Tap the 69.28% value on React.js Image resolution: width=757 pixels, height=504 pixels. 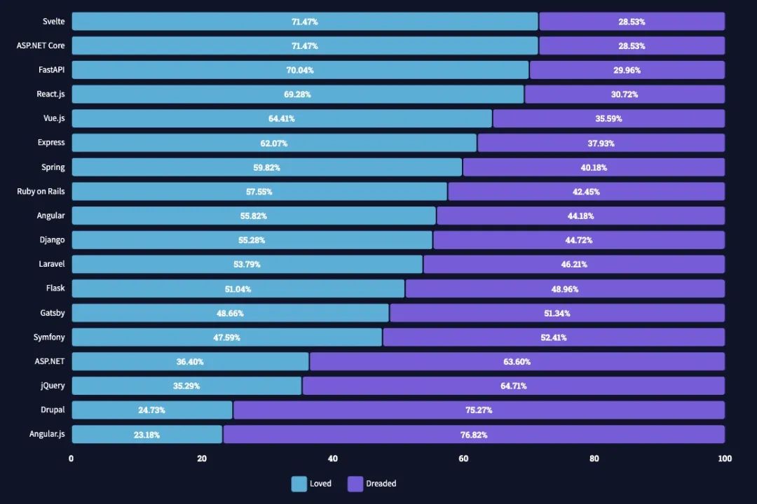pyautogui.click(x=298, y=94)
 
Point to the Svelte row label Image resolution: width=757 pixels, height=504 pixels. pyautogui.click(x=53, y=22)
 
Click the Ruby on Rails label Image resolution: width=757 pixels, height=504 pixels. pyautogui.click(x=41, y=191)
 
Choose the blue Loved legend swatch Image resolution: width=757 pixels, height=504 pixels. pyautogui.click(x=299, y=484)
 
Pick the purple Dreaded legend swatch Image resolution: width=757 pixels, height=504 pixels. pyautogui.click(x=355, y=484)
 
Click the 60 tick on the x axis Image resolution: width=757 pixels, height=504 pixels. pyautogui.click(x=463, y=459)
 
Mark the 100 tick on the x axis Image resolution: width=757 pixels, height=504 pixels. pyautogui.click(x=725, y=459)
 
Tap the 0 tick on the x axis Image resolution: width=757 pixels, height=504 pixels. pyautogui.click(x=71, y=459)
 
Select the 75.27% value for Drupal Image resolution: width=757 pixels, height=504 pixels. pyautogui.click(x=479, y=410)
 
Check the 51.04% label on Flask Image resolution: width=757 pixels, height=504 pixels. pyautogui.click(x=238, y=289)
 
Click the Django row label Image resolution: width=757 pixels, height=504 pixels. pyautogui.click(x=52, y=240)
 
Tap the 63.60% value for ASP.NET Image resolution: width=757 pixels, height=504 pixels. pyautogui.click(x=517, y=362)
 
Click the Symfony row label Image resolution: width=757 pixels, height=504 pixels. pyautogui.click(x=49, y=337)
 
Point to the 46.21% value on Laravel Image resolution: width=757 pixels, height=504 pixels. pyautogui.click(x=573, y=265)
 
